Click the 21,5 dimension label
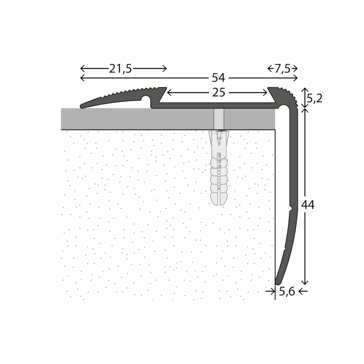point(120,69)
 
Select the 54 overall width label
point(218,78)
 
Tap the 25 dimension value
point(218,93)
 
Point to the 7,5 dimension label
point(282,69)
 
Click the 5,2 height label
point(314,98)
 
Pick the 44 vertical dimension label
point(308,205)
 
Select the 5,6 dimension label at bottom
point(287,292)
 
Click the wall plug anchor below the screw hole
point(219,170)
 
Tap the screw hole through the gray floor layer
point(219,119)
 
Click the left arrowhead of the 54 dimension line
point(81,78)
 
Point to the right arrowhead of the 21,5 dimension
point(165,69)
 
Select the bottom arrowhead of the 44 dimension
point(305,283)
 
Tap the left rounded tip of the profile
point(82,106)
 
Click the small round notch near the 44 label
point(290,208)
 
